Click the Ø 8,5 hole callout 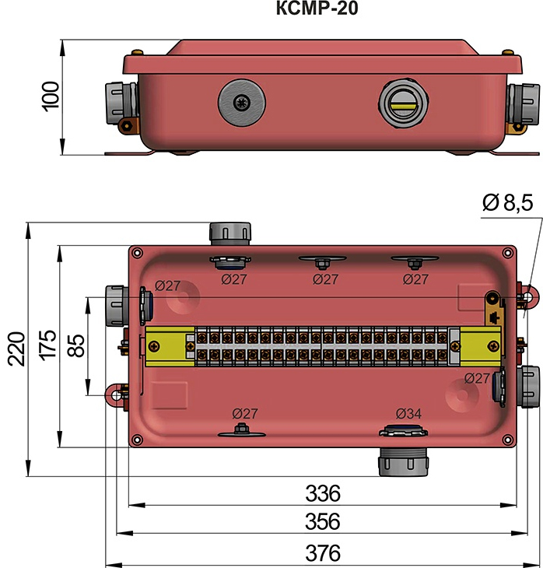pyautogui.click(x=506, y=204)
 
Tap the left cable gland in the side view pyautogui.click(x=121, y=102)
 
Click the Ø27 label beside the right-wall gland pyautogui.click(x=477, y=377)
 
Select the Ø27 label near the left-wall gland pyautogui.click(x=167, y=285)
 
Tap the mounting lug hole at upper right pyautogui.click(x=528, y=297)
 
